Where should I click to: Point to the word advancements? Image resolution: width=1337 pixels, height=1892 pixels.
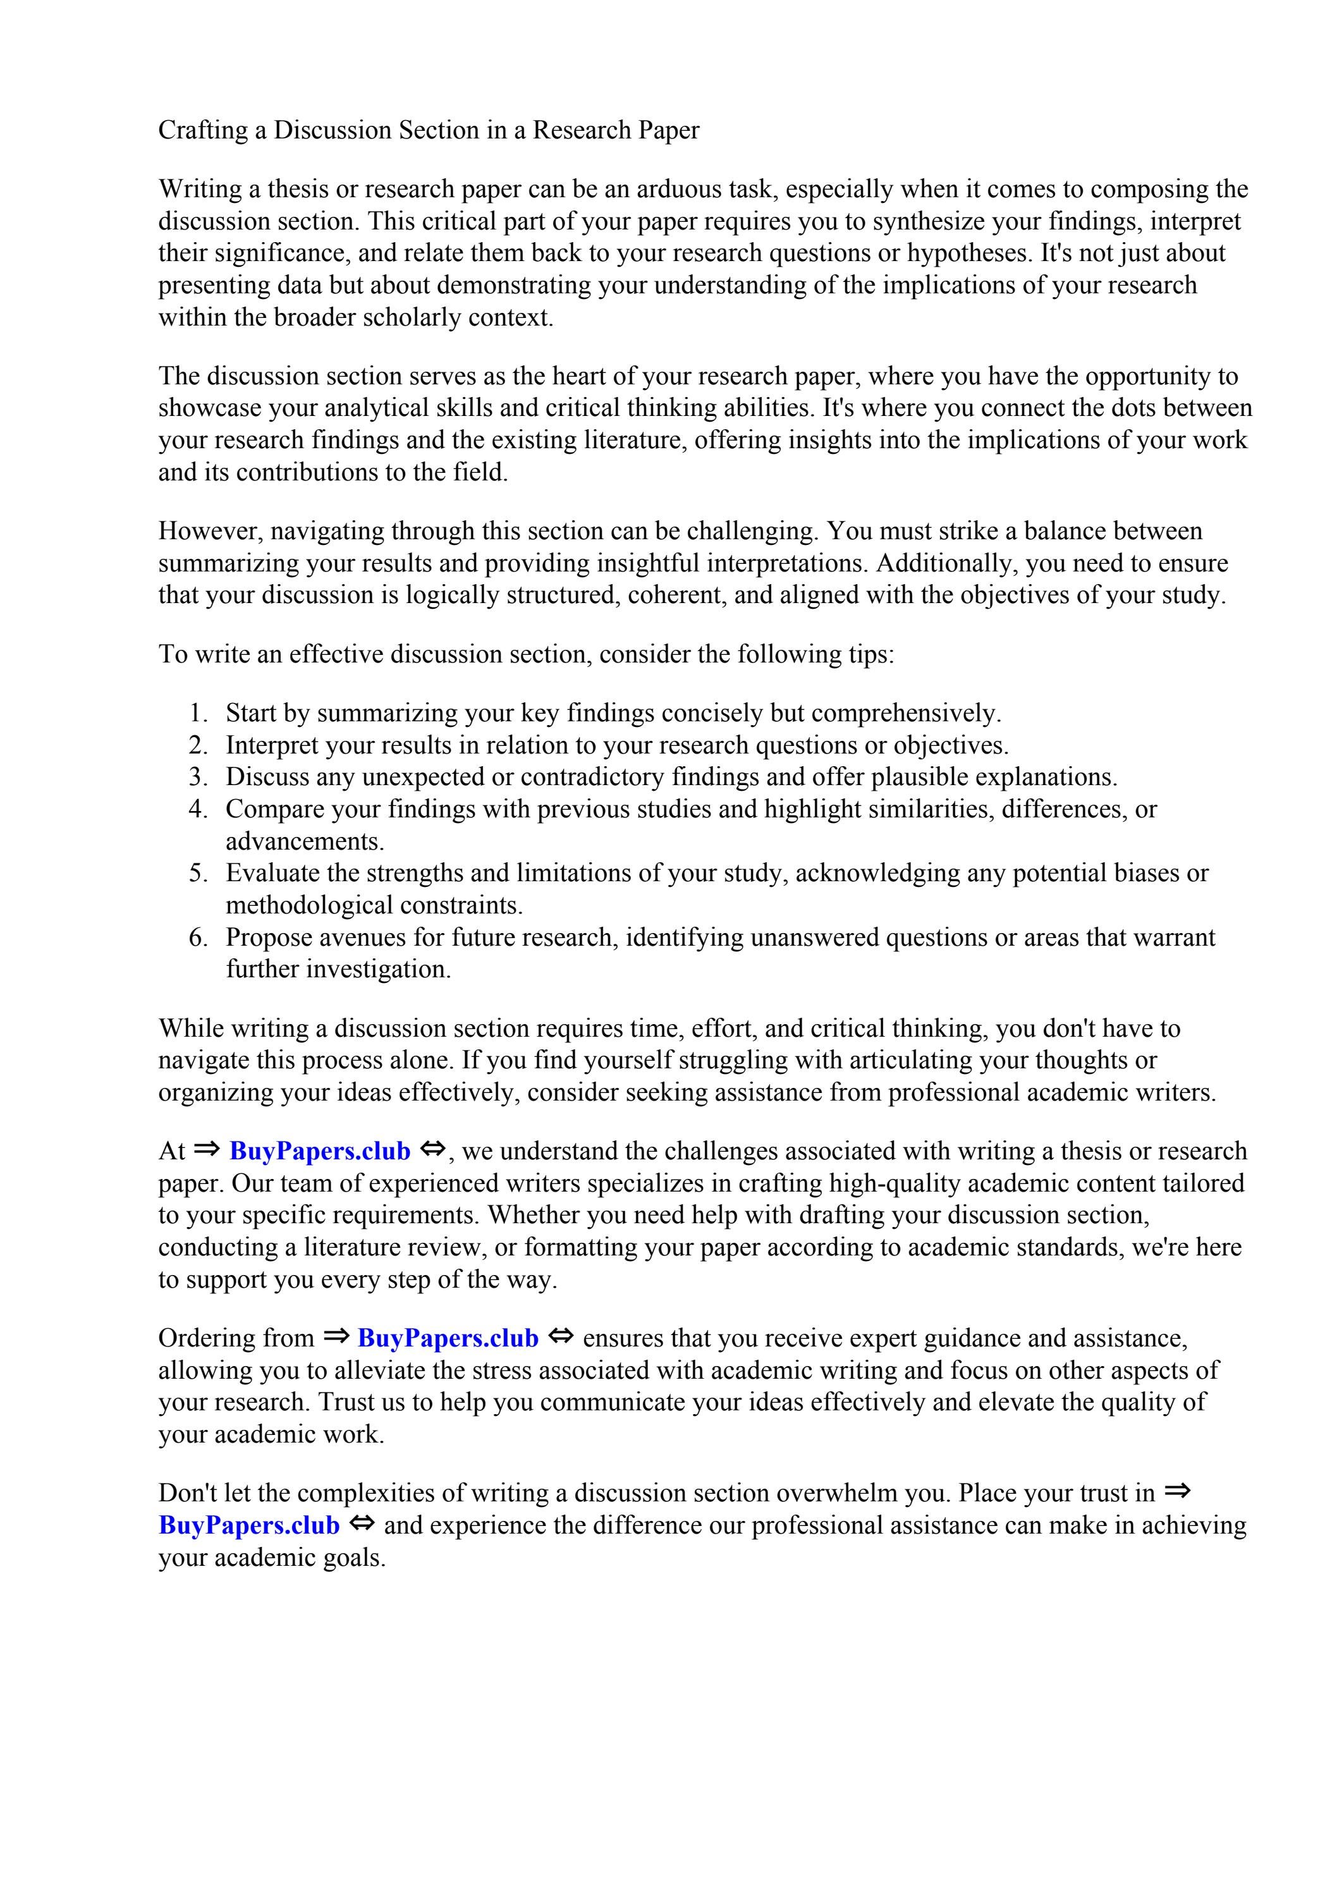coord(305,841)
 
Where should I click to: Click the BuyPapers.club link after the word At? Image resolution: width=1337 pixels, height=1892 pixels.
coord(320,1151)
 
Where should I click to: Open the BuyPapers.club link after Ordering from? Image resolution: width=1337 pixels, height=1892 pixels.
coord(448,1338)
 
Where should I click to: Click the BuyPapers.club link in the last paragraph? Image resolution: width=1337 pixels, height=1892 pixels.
coord(249,1525)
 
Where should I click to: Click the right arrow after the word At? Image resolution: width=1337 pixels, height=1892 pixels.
coord(207,1149)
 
